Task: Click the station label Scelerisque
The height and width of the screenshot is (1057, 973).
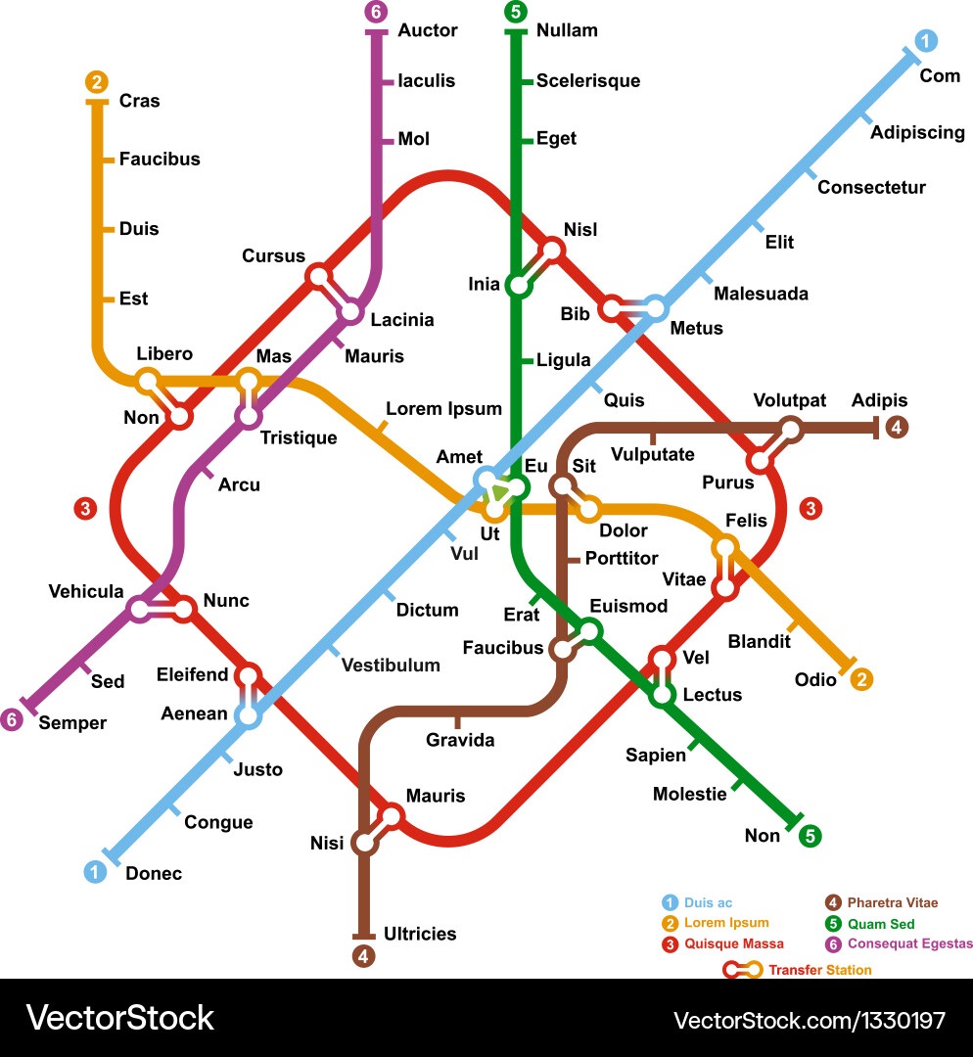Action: point(587,81)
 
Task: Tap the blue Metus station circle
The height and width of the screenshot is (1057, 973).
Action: point(655,308)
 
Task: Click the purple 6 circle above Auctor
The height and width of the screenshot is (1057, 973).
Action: point(375,13)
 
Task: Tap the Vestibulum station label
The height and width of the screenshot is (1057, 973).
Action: point(391,666)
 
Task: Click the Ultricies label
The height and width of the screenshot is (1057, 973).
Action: point(420,934)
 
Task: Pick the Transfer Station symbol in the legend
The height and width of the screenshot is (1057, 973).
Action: point(744,970)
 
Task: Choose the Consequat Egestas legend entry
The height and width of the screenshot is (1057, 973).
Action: point(909,943)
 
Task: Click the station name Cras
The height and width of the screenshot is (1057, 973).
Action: point(139,101)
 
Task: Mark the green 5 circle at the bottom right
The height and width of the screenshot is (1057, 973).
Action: point(810,836)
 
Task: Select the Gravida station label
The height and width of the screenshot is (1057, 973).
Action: point(460,740)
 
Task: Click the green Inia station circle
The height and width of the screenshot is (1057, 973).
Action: point(516,286)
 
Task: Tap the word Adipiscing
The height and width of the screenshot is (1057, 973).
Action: point(917,132)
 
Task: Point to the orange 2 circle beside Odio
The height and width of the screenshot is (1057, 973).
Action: point(861,679)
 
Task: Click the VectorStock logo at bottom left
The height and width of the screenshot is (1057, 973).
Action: point(119,1018)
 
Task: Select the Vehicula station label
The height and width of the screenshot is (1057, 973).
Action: point(86,591)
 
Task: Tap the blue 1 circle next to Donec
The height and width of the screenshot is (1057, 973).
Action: point(95,871)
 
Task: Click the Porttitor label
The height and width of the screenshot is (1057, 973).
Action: point(621,558)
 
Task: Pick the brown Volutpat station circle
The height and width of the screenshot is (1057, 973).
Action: point(790,428)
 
